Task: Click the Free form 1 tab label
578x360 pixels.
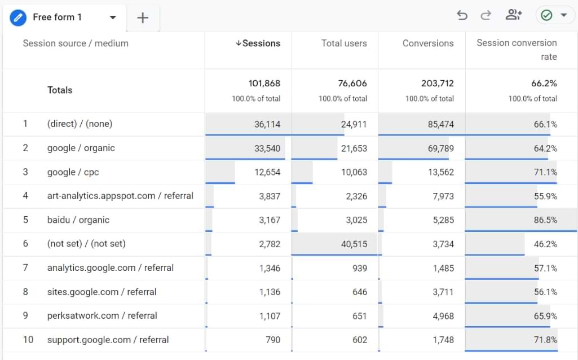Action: tap(57, 17)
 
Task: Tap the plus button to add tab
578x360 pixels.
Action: tap(143, 18)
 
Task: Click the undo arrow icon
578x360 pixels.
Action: tap(462, 15)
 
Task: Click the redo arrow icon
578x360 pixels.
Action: tap(486, 15)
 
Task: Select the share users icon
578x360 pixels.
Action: tap(513, 15)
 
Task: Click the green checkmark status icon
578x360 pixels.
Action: tap(546, 15)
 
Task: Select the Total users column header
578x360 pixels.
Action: tap(343, 43)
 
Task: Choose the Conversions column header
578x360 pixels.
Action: tap(427, 43)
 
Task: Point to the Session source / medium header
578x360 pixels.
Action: tap(76, 43)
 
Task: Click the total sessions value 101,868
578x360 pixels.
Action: tap(264, 84)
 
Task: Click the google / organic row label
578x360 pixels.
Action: tap(81, 148)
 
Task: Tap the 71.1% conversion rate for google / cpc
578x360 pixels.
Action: tap(545, 172)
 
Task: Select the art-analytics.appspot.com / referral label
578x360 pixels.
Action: tap(120, 196)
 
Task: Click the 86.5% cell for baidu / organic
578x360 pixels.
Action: tap(545, 220)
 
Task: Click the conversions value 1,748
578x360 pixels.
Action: tap(442, 340)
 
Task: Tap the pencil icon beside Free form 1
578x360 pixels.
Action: tap(18, 17)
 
